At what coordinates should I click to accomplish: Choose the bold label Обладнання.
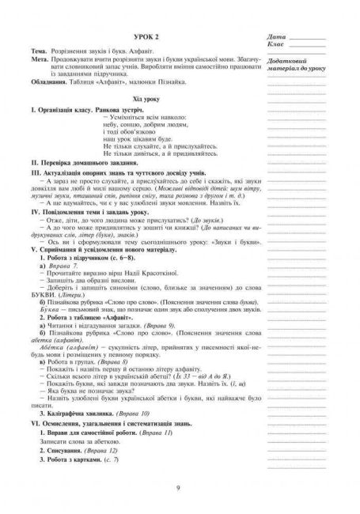(46, 87)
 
